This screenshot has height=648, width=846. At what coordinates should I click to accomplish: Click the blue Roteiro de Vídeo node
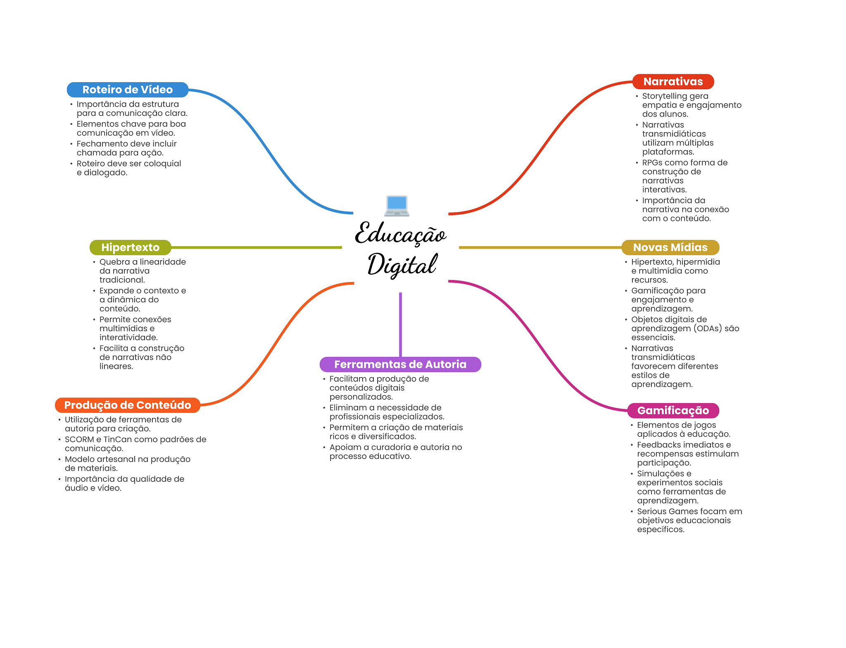click(128, 90)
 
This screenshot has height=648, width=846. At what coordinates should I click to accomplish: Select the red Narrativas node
click(673, 81)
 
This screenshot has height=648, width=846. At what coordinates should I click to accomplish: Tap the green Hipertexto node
click(130, 247)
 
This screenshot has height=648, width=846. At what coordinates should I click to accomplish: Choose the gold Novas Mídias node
click(670, 247)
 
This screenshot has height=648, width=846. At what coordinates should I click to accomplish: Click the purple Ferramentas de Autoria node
click(400, 364)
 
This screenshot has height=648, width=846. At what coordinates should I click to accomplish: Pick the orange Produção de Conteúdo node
click(128, 405)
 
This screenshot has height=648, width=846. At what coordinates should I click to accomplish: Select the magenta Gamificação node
click(673, 411)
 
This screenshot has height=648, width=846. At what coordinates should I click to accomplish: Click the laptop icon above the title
click(397, 206)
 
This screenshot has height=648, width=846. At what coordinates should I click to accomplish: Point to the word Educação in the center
click(400, 234)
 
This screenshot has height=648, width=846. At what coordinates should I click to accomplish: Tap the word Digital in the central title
click(402, 265)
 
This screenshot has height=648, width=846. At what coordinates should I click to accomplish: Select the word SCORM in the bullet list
click(79, 439)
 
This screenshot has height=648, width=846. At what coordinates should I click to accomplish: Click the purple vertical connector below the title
click(400, 325)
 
